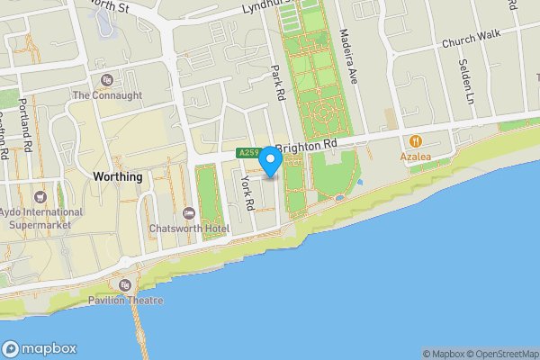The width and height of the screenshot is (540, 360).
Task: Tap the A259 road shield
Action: [x=248, y=153]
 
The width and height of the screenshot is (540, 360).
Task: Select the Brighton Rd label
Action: [x=306, y=145]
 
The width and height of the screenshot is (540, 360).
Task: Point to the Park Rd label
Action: [x=278, y=81]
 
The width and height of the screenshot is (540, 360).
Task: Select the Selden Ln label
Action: [x=466, y=84]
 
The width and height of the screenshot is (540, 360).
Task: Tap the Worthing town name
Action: [x=118, y=177]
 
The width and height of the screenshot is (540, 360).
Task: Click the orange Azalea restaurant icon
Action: [x=416, y=141]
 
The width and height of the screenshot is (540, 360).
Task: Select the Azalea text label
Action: [x=416, y=157]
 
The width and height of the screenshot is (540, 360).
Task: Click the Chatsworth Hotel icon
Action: [x=188, y=213]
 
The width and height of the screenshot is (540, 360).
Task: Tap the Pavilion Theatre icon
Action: [x=124, y=285]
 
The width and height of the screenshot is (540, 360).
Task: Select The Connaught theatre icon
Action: [x=107, y=81]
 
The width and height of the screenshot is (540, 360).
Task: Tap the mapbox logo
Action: [x=40, y=349]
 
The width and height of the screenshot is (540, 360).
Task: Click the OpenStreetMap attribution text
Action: [x=503, y=354]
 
